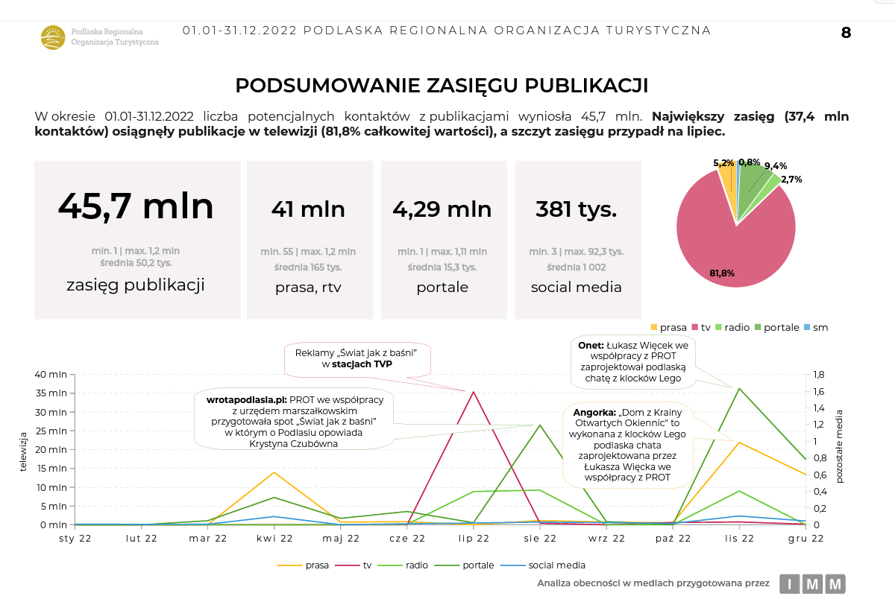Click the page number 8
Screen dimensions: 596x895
(x=846, y=33)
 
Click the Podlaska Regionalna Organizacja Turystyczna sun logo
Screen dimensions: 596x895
(x=53, y=37)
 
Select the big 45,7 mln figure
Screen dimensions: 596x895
(x=136, y=206)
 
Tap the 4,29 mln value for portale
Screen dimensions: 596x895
(x=442, y=209)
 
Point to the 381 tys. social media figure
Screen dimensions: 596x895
(x=576, y=209)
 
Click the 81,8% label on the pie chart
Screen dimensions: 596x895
(x=722, y=273)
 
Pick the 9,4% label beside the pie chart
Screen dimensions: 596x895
(x=776, y=166)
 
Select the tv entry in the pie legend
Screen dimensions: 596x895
(x=703, y=327)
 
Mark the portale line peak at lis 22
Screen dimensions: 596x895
(x=739, y=388)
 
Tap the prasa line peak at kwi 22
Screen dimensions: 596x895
(x=274, y=472)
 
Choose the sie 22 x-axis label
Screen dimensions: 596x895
(x=540, y=539)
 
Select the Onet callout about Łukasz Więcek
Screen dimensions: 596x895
(x=633, y=362)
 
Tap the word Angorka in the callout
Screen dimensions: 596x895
(x=593, y=412)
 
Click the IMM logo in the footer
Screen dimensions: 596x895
(x=812, y=583)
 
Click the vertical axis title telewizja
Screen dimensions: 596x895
(x=24, y=451)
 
